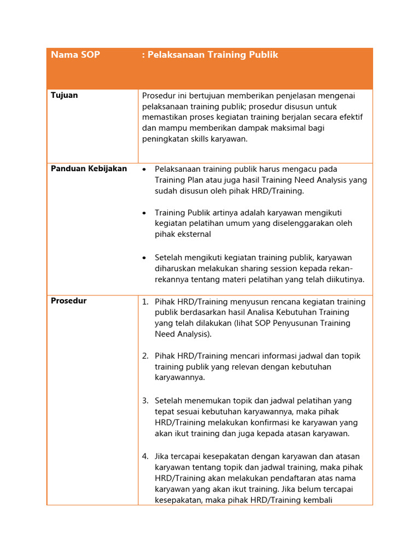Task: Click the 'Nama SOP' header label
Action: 75,55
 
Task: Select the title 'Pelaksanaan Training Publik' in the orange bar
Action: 212,55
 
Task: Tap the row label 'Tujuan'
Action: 64,95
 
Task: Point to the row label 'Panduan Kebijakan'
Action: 89,168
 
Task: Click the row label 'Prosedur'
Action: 68,301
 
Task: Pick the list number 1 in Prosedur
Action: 145,302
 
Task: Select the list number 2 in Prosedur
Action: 145,356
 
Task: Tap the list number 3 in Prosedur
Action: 145,401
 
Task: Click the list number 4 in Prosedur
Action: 145,456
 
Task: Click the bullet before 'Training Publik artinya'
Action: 144,213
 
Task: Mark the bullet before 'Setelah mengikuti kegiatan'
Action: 144,258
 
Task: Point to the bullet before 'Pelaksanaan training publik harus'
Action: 144,169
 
